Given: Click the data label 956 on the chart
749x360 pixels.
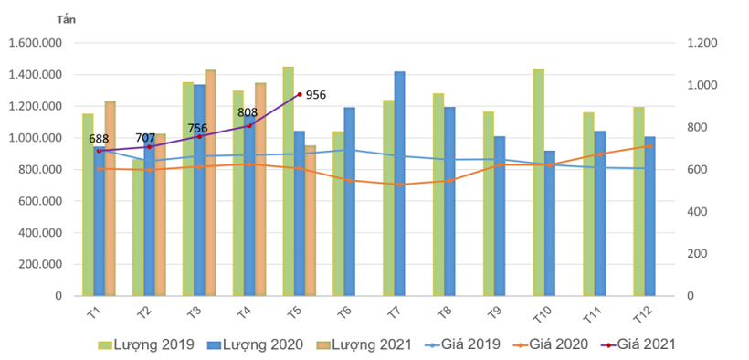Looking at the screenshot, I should point(316,94).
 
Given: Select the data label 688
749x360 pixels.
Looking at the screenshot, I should point(99,139).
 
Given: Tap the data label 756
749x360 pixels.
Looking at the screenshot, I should point(198,129).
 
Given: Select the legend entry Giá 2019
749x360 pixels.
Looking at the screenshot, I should point(462,344).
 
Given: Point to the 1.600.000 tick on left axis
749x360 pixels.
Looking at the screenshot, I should point(34,43).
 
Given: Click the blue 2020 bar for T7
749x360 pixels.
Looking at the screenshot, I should point(399,184).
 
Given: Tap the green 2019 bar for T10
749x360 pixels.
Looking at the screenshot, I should point(538,182).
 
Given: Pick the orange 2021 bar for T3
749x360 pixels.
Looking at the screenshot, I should point(210,183).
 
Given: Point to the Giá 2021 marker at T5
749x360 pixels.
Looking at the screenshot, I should point(299,94).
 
